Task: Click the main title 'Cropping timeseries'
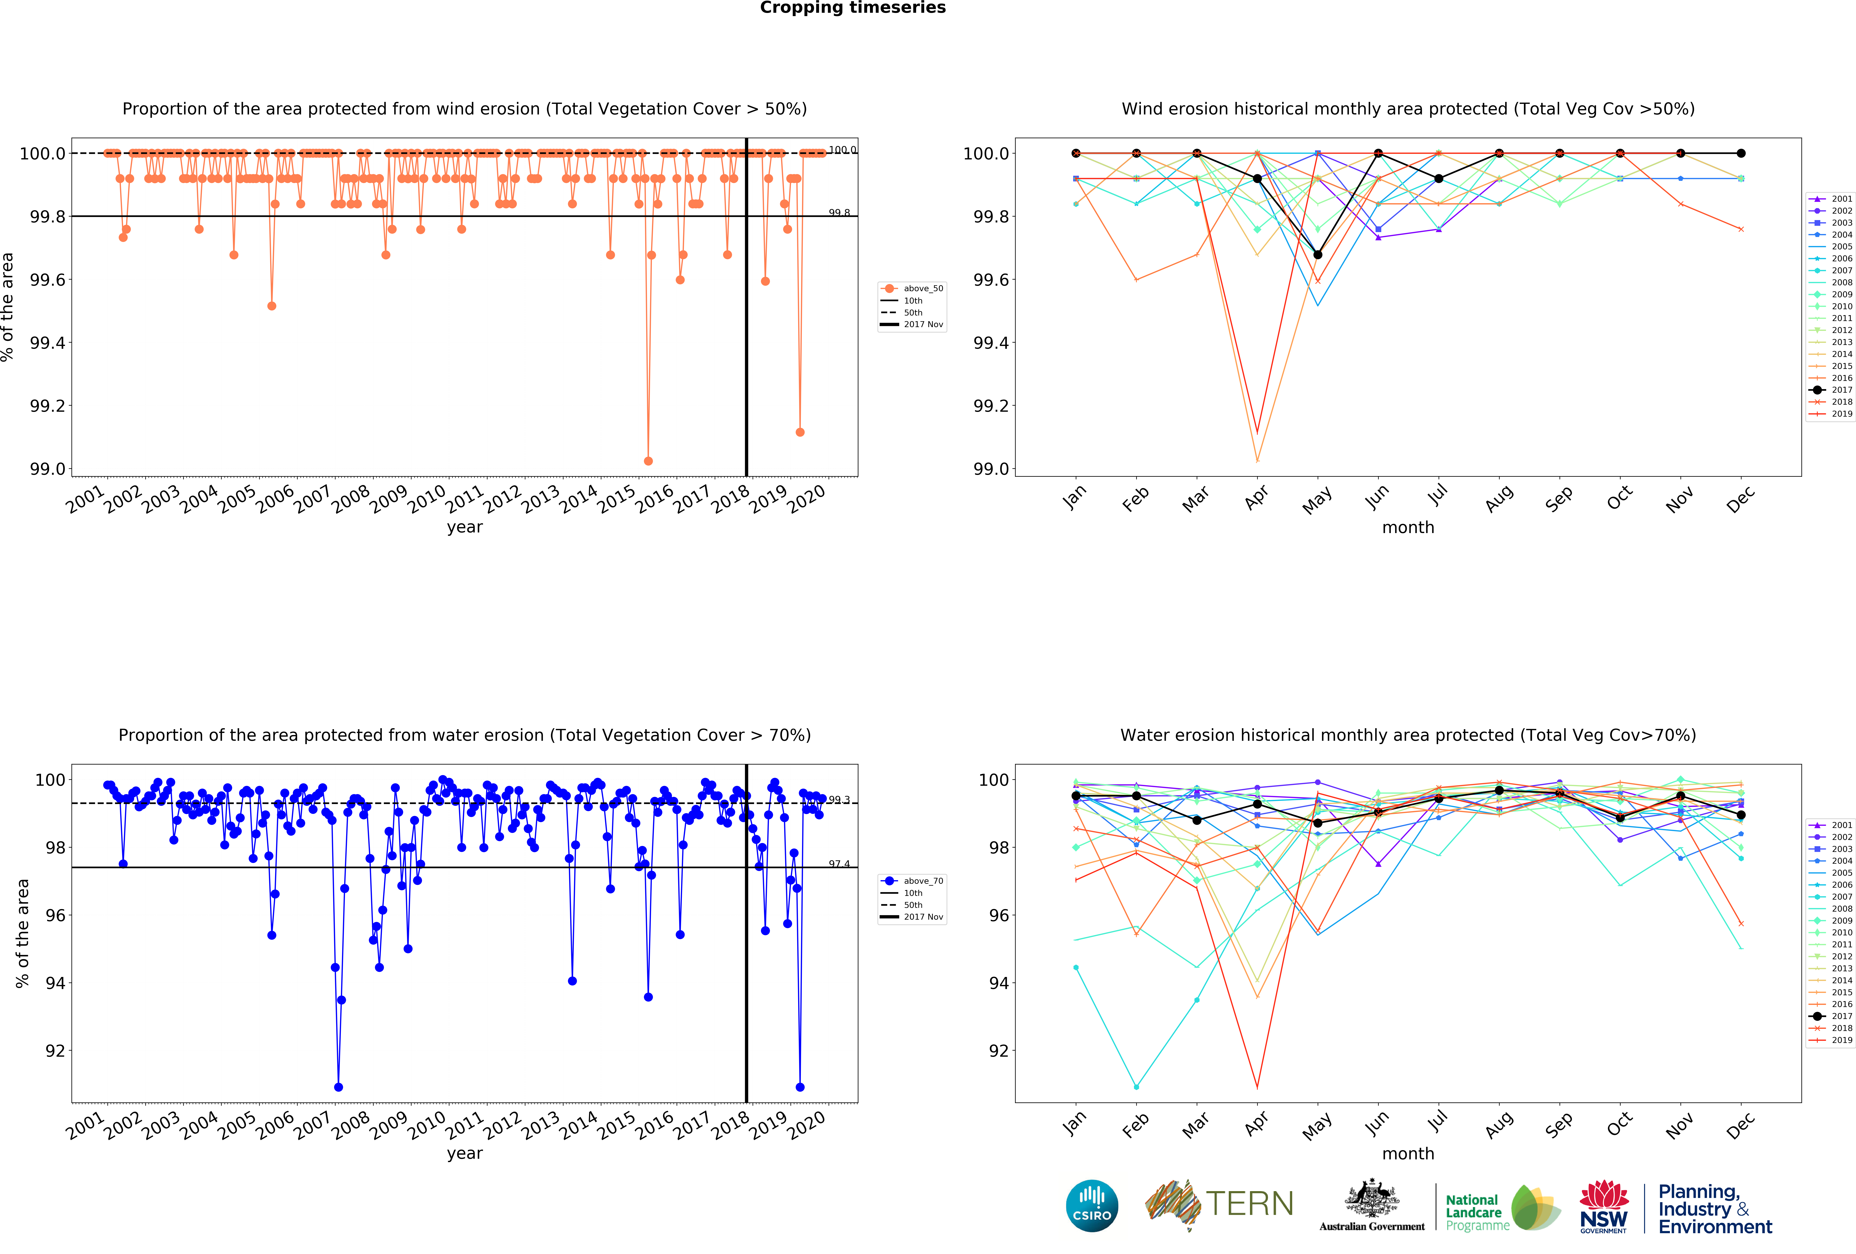coord(852,8)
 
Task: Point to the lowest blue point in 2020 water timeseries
coord(799,1087)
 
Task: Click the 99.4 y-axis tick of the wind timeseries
coord(48,343)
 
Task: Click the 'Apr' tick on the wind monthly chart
coord(1256,497)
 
